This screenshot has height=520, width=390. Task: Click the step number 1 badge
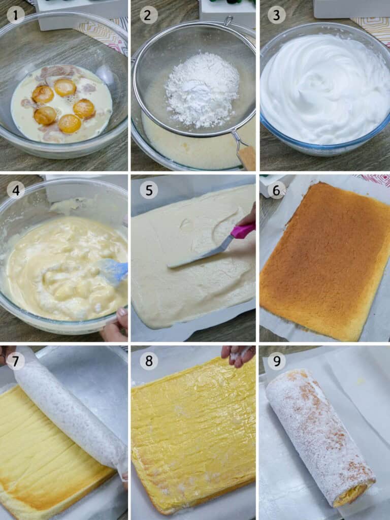click(x=16, y=15)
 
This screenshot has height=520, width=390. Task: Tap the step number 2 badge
click(x=148, y=15)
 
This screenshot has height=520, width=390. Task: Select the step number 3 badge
click(x=276, y=15)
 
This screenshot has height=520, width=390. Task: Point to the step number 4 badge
click(x=16, y=190)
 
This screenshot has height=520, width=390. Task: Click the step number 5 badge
click(x=148, y=190)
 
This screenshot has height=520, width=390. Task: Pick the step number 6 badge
click(x=276, y=190)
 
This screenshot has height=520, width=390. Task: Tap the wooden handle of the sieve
click(x=247, y=157)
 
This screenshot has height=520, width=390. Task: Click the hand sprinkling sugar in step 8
click(x=238, y=354)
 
